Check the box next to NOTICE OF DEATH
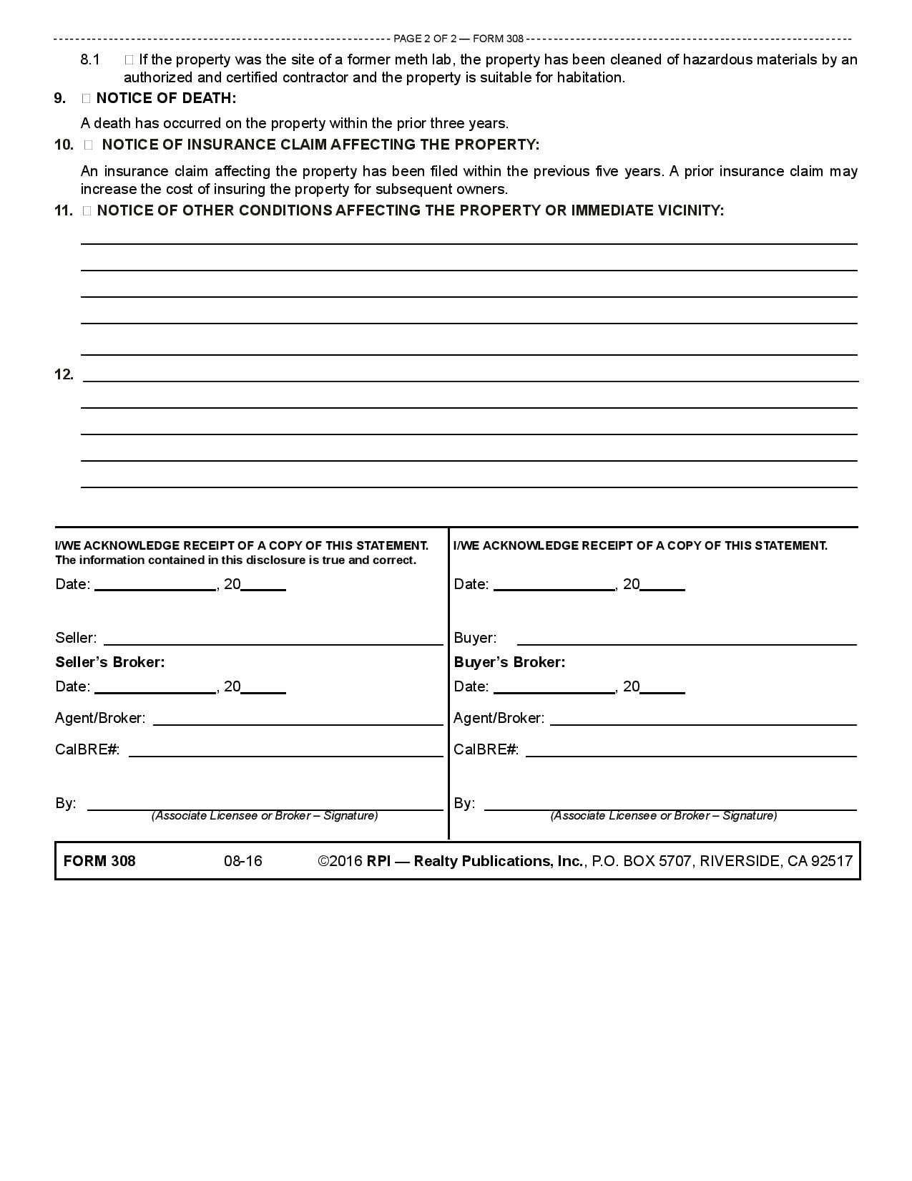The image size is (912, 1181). click(x=86, y=99)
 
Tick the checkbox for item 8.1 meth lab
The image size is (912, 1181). click(x=129, y=60)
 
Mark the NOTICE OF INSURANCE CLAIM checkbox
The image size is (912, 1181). click(x=89, y=145)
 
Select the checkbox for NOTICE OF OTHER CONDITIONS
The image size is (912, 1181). click(x=87, y=211)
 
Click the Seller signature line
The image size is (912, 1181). click(x=273, y=638)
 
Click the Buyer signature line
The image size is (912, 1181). click(x=686, y=638)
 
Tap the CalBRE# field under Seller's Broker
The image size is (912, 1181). click(x=285, y=750)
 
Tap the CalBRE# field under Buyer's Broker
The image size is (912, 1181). click(x=690, y=750)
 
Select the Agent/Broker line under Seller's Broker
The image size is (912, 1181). click(x=298, y=719)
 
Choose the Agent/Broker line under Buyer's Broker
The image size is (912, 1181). click(x=702, y=719)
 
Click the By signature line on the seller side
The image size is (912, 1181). click(x=265, y=804)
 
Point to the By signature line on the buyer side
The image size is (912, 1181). click(x=670, y=804)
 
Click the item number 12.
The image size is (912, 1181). click(x=64, y=374)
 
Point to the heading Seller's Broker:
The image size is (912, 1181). click(x=110, y=662)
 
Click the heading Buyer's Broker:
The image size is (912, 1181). click(x=509, y=662)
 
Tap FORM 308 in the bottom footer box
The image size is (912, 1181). click(x=99, y=861)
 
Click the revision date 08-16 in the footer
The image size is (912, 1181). click(x=243, y=861)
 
